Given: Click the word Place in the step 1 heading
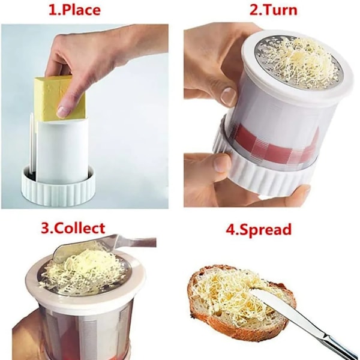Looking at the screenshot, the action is point(81,10).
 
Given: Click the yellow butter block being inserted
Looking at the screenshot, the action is point(60,99).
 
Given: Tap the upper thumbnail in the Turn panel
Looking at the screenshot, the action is point(228,96).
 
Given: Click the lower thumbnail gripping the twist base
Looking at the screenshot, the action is point(222,163).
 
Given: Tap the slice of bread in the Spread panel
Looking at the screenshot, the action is point(241,301).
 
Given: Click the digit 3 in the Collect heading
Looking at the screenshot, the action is point(45,229).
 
